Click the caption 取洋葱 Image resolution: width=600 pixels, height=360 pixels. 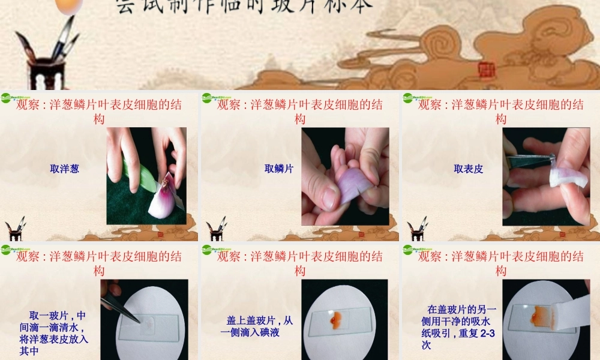(x=64, y=169)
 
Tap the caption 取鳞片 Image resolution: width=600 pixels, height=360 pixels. (x=279, y=169)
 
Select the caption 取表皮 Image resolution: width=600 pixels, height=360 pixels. (x=469, y=169)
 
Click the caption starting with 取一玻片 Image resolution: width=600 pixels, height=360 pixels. (x=54, y=333)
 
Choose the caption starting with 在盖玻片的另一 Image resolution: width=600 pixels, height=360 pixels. (x=458, y=327)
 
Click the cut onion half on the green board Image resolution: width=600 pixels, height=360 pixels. (x=163, y=201)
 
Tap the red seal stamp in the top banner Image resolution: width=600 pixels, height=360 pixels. (x=485, y=71)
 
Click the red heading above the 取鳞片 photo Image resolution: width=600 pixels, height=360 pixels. (x=300, y=112)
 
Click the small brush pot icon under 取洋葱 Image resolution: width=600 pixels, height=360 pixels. (x=15, y=229)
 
